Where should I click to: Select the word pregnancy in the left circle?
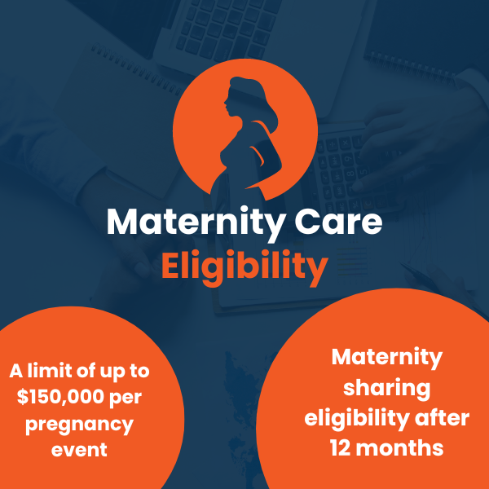pos(79,424)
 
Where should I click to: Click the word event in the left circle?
pos(79,450)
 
